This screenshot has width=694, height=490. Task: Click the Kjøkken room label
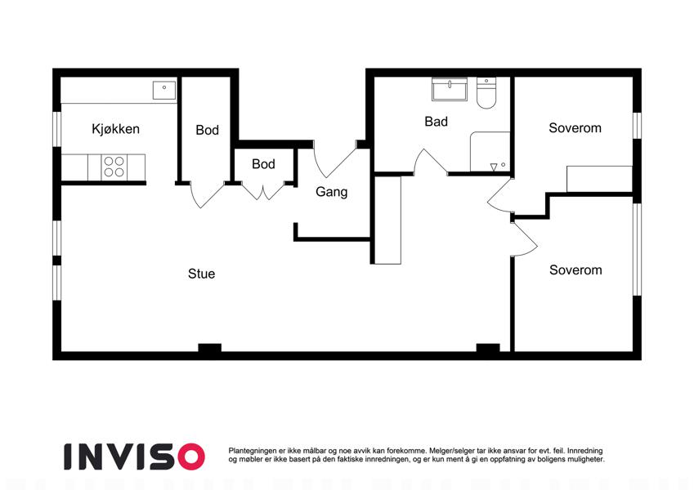(x=115, y=129)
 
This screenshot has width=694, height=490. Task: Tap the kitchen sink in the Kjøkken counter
(x=164, y=90)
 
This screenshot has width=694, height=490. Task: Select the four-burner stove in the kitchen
(x=114, y=167)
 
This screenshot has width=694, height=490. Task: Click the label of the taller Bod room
(x=207, y=130)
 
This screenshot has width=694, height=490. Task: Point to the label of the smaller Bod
(x=263, y=164)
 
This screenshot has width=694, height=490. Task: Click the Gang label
(x=332, y=192)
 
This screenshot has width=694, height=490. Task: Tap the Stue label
(x=201, y=274)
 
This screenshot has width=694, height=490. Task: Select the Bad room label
(x=436, y=122)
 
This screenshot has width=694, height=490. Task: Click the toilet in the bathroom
(x=486, y=93)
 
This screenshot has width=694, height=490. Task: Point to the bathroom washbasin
(x=450, y=89)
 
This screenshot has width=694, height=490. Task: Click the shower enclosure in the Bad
(x=490, y=151)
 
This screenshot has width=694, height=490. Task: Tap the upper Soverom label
(x=575, y=128)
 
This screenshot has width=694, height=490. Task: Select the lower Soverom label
(x=575, y=270)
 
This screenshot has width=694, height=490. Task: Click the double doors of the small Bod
(x=263, y=191)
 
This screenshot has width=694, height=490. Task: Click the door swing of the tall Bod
(x=207, y=194)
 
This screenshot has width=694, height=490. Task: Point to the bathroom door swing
(x=430, y=162)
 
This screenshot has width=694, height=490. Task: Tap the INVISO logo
(x=134, y=457)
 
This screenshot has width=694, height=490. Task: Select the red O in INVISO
(x=191, y=457)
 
